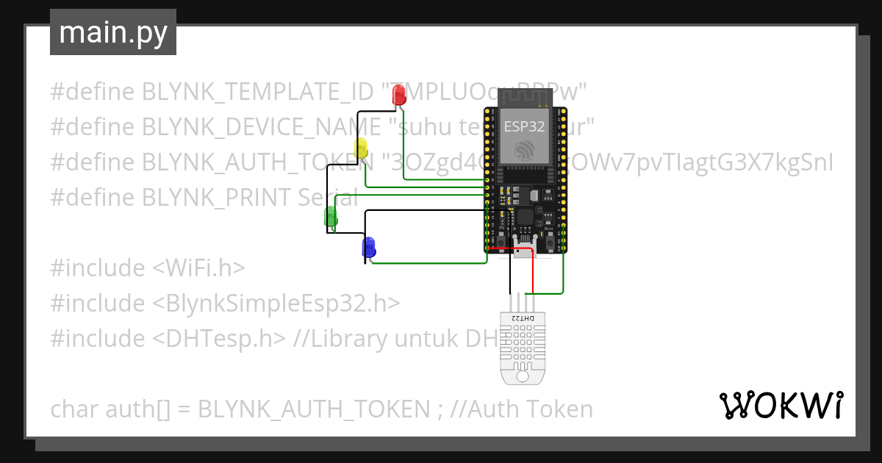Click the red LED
(x=398, y=95)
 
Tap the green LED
(x=331, y=217)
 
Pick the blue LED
(x=368, y=246)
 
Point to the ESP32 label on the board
(x=524, y=126)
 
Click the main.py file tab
(x=113, y=32)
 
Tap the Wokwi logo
(x=781, y=405)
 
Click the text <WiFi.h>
(x=199, y=268)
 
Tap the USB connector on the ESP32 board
(x=524, y=245)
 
